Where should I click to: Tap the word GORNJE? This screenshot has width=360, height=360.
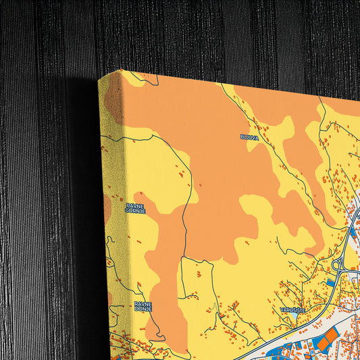pos(135,210)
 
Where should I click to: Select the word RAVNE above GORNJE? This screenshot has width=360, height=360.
pos(134,205)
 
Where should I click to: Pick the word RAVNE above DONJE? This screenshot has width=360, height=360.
pos(143,303)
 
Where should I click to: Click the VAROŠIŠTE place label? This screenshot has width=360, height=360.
pos(293,309)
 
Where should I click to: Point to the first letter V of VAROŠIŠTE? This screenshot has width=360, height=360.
pos(282,309)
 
